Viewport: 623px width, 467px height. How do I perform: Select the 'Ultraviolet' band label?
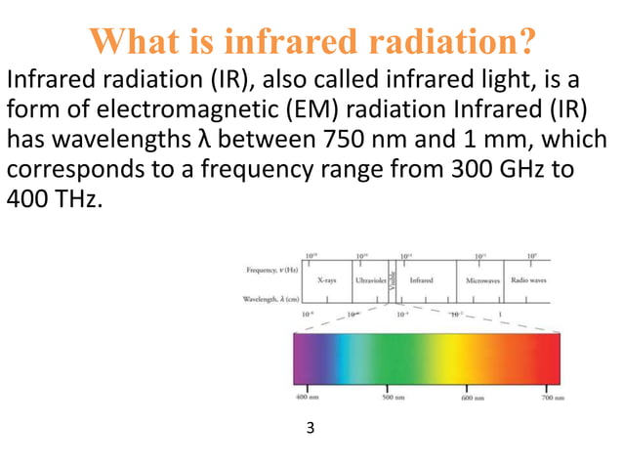coord(369,280)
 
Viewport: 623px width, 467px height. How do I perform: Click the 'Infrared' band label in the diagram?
coord(421,280)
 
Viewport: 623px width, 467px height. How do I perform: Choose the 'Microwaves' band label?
coord(482,280)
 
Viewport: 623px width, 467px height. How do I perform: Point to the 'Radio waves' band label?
coord(528,280)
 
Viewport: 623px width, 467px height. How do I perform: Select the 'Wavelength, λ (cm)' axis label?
coord(266,299)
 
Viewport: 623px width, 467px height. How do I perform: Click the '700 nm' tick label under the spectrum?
coord(554,398)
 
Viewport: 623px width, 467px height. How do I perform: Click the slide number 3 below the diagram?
coord(311,427)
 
